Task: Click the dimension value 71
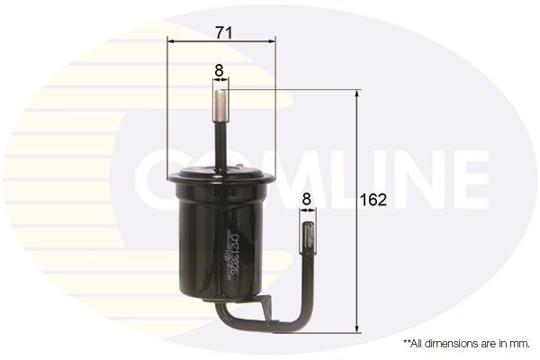pos(224,31)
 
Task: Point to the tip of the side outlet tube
pos(307,237)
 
